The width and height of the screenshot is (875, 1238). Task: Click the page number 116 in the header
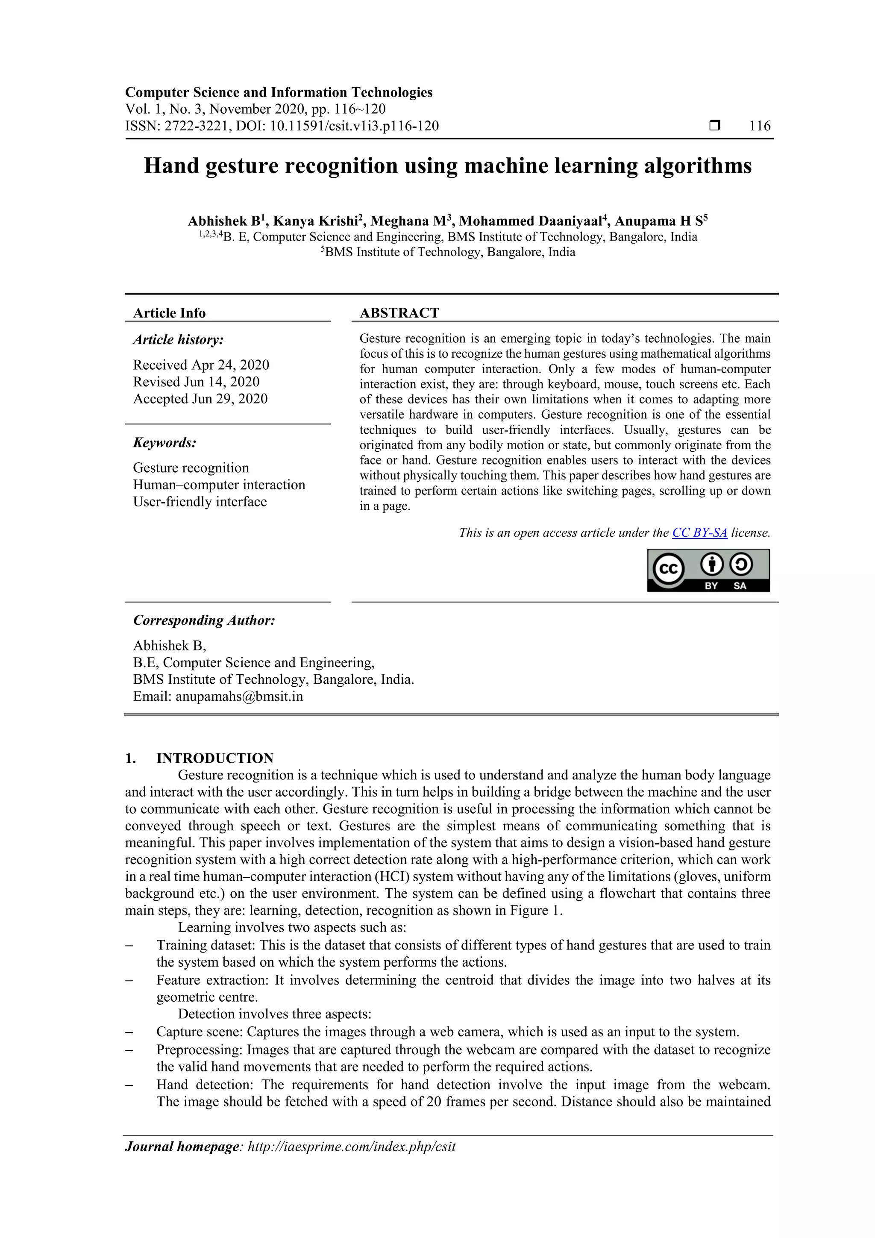tap(760, 126)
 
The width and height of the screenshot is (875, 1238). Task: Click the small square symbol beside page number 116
tap(714, 126)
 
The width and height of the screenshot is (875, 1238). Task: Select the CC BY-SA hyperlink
tap(699, 533)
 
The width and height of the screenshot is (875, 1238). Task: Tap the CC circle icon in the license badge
tap(669, 569)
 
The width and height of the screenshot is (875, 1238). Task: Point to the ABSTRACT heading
tap(399, 313)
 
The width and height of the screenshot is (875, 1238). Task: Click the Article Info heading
tap(169, 313)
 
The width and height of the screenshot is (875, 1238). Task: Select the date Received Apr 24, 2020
tap(201, 365)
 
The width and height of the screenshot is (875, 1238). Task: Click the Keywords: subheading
tap(165, 443)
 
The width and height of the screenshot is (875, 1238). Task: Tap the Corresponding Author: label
tap(204, 620)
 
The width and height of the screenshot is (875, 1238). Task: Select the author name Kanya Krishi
tap(315, 221)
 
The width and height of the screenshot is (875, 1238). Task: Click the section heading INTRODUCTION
tap(214, 758)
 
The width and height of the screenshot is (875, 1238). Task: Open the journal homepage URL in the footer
tap(352, 1147)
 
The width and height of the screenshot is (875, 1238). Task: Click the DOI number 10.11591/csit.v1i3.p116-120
tap(354, 126)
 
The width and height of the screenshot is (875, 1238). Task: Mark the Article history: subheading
tap(179, 340)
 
